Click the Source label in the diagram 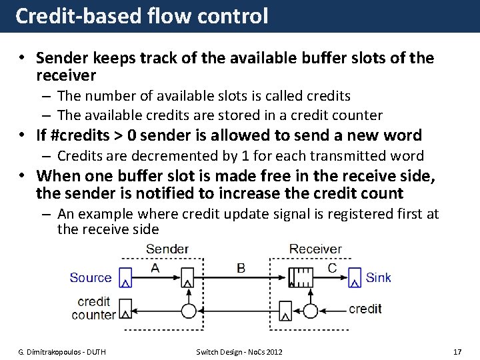91,277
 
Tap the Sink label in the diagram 378,277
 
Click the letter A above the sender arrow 155,267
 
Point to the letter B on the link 241,267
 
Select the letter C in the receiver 331,267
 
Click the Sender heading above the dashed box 167,249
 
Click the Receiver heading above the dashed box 316,249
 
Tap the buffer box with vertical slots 300,277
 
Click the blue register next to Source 125,277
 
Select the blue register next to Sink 354,277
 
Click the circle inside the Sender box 189,310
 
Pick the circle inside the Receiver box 309,310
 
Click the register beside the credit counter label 125,310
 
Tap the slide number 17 457,351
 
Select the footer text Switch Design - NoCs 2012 239,351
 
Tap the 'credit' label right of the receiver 365,309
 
